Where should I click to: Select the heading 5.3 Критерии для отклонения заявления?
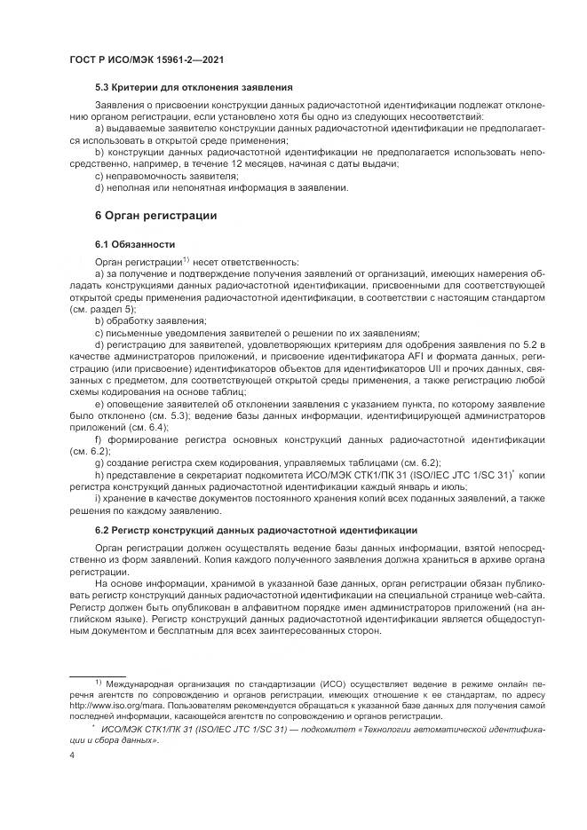[194, 87]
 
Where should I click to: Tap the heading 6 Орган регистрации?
[155, 215]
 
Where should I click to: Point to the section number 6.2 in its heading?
[101, 529]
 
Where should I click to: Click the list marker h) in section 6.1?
[99, 475]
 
